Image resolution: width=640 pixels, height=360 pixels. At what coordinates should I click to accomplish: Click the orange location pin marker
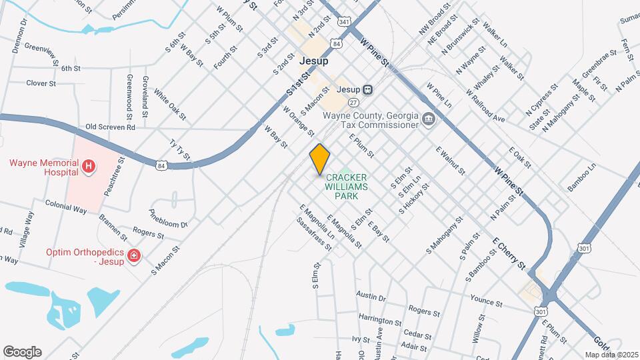(320, 159)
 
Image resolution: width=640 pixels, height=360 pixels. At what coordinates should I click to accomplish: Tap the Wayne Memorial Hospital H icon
(88, 164)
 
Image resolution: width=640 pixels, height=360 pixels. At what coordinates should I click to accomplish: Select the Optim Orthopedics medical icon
(134, 255)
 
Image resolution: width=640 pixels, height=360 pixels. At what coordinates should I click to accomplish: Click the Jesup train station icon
(367, 89)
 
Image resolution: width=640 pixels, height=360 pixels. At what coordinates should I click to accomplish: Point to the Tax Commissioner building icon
(429, 120)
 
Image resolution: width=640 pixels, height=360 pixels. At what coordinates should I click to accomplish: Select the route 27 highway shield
(353, 102)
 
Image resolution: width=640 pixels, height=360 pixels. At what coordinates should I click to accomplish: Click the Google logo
(22, 352)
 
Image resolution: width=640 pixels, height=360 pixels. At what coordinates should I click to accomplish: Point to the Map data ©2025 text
(611, 355)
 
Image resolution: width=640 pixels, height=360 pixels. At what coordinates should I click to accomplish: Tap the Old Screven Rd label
(110, 127)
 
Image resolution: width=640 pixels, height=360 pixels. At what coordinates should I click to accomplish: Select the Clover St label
(41, 83)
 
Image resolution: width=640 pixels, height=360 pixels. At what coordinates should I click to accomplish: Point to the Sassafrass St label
(314, 233)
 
